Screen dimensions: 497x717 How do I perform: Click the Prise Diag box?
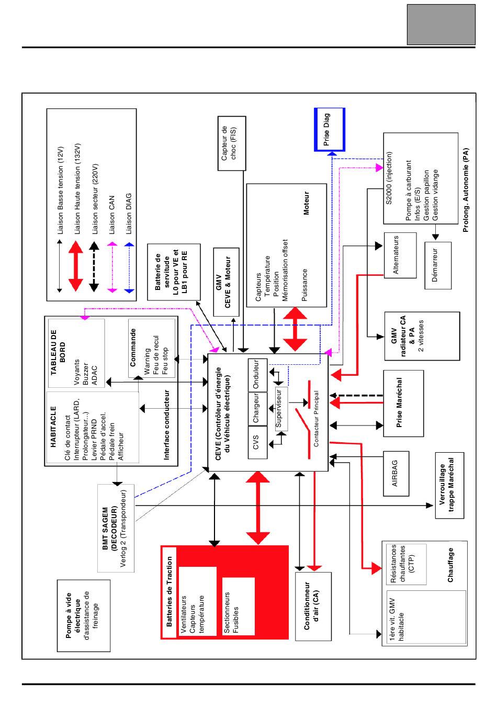329,129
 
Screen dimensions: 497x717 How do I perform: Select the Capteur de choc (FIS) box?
232,143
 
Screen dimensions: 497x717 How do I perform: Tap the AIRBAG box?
396,474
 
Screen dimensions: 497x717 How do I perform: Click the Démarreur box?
438,265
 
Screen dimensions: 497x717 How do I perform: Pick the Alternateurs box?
400,255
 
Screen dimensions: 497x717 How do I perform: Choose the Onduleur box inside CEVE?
257,375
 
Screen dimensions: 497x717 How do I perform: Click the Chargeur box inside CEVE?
257,409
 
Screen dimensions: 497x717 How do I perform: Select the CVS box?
257,442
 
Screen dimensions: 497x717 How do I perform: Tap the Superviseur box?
281,408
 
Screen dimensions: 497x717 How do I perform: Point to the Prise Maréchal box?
403,404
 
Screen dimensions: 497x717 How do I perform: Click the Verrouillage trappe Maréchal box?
449,485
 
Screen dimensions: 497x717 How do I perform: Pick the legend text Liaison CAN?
111,215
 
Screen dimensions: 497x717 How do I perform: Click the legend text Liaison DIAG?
129,214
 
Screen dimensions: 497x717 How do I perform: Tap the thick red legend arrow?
76,266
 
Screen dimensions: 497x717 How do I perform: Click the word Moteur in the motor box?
306,203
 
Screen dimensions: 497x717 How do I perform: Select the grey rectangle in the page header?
441,25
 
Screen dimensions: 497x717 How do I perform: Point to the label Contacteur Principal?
316,419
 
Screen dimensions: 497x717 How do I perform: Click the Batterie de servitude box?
174,272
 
